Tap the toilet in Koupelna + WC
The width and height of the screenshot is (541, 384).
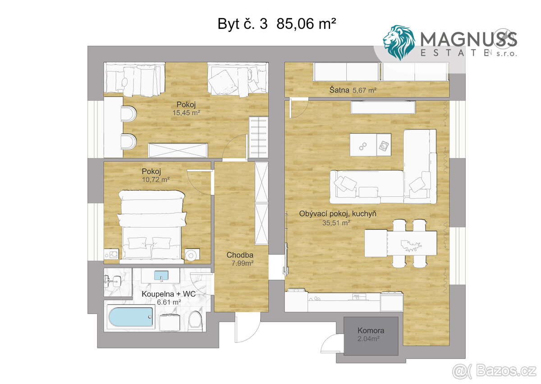(x=195, y=321)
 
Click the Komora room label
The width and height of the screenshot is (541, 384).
(x=371, y=330)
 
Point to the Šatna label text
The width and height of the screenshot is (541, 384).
(x=339, y=90)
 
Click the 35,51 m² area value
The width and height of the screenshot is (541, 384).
(x=336, y=222)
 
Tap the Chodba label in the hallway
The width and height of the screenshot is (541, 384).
(x=240, y=255)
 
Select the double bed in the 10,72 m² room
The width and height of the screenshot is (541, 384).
(x=152, y=227)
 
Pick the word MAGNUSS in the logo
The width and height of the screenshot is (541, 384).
(x=468, y=39)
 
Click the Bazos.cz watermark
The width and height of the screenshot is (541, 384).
(x=494, y=371)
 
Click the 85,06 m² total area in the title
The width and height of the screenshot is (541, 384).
(x=306, y=23)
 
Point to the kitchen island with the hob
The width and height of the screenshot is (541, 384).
(x=371, y=145)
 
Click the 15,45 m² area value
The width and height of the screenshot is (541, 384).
(x=186, y=113)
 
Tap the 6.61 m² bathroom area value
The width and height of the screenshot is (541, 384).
(x=169, y=302)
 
